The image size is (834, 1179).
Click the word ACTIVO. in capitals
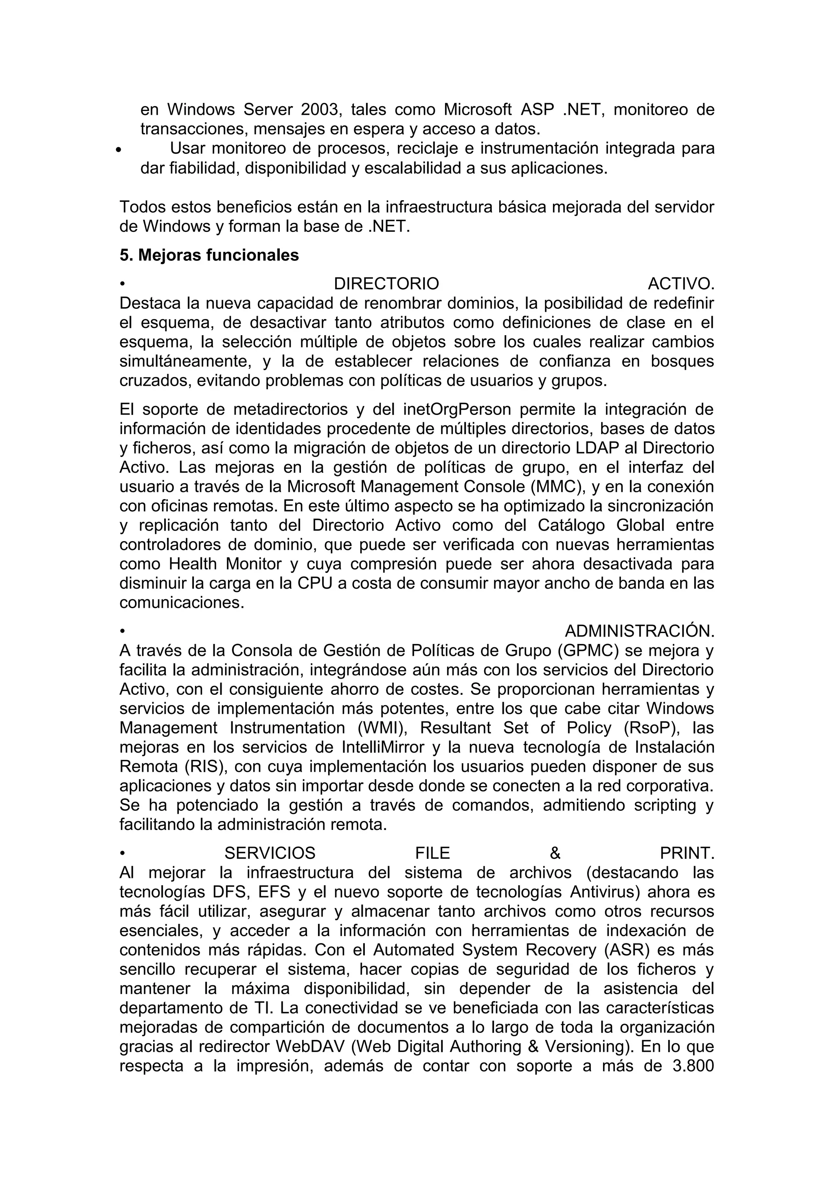681,284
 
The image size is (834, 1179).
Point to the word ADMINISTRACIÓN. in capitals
639,631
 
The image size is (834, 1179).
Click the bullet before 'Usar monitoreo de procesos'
119,151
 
